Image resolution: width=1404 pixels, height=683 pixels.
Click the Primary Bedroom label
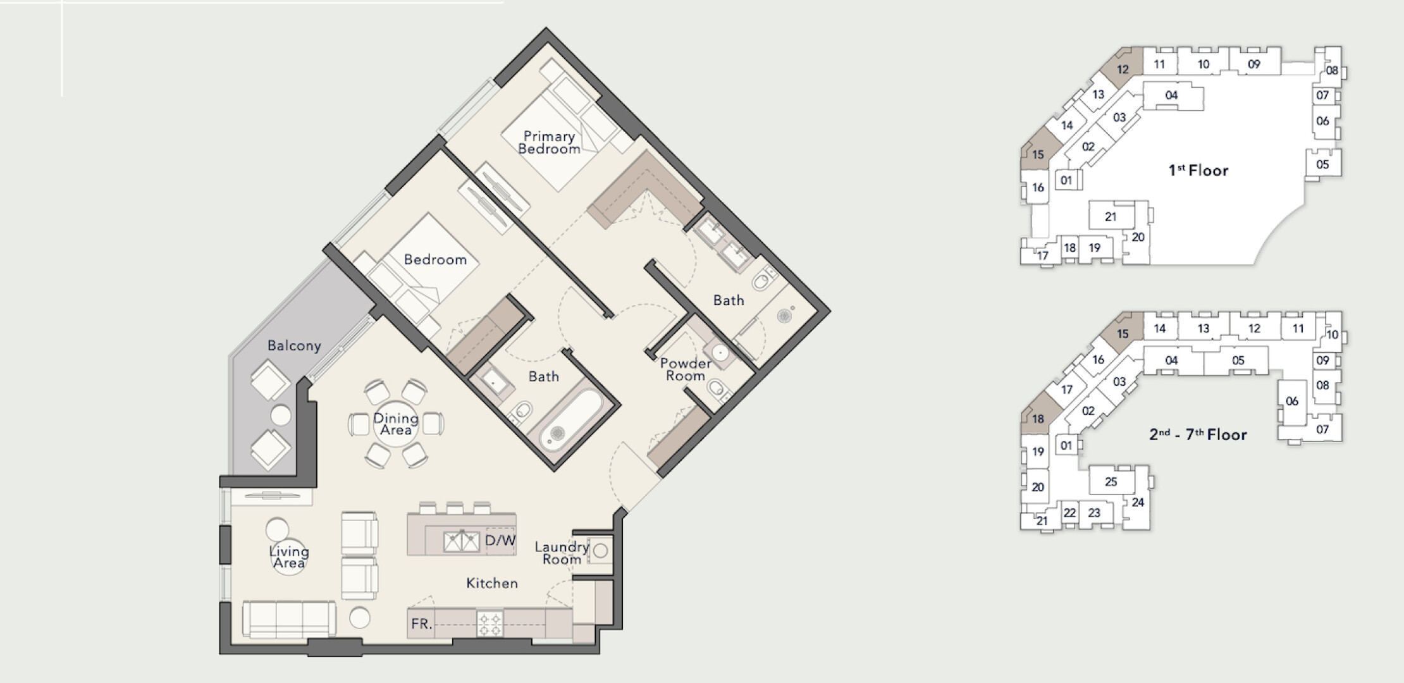pos(549,143)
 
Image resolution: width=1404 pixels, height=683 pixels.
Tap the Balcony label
pos(294,346)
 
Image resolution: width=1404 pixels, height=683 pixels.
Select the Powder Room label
pos(686,369)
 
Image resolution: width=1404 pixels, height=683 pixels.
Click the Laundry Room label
pos(562,553)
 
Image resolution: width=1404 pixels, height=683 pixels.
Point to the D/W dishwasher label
pos(500,541)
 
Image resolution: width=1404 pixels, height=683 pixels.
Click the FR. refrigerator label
pos(421,624)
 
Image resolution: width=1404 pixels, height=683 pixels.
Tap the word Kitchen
pos(492,583)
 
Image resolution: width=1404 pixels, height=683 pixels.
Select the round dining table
pos(396,424)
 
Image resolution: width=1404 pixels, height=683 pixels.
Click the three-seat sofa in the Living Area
pos(289,619)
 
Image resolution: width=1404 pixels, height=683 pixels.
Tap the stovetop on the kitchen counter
pos(490,624)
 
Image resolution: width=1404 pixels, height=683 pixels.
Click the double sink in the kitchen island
pos(461,542)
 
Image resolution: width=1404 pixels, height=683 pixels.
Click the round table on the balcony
pos(281,415)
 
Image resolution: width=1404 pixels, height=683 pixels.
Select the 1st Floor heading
pos(1198,170)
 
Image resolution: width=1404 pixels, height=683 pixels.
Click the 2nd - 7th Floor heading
pos(1198,434)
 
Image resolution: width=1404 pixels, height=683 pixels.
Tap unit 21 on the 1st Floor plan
pos(1111,216)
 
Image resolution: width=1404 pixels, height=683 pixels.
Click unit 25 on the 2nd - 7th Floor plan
pos(1111,481)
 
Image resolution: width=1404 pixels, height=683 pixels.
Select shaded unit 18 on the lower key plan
pos(1037,418)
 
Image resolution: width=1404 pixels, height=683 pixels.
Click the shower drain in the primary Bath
pos(785,314)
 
